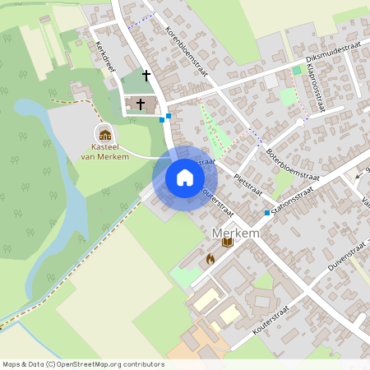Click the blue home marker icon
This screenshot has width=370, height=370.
(184, 178)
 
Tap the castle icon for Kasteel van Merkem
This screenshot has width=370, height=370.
(104, 134)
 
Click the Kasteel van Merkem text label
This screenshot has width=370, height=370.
(104, 152)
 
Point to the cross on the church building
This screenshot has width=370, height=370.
(141, 104)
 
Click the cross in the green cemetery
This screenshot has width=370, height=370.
(147, 76)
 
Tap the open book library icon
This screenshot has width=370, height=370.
(228, 243)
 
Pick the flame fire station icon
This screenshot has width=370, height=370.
(210, 258)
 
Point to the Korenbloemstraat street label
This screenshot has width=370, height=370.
(187, 51)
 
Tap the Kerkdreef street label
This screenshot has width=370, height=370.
(104, 56)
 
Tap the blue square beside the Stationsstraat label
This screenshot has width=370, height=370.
(267, 213)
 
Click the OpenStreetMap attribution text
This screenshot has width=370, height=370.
(83, 363)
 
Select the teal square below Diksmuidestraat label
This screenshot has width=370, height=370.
(297, 71)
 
